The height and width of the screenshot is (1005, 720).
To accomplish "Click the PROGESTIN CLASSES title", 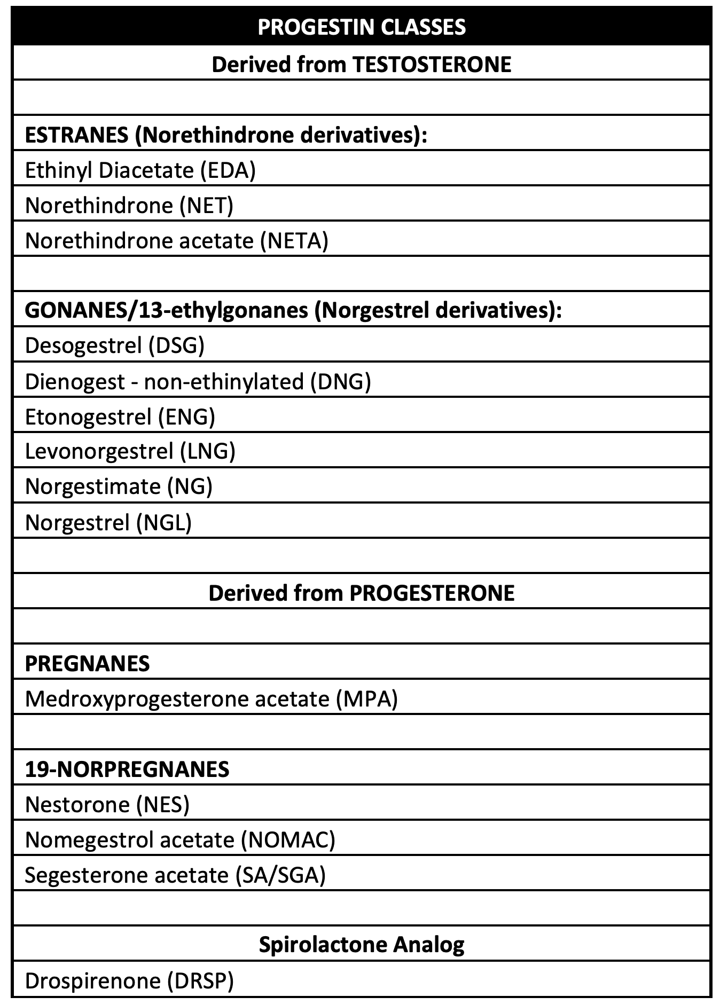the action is point(361,27).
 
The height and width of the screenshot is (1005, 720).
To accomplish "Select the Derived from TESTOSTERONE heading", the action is point(361,64).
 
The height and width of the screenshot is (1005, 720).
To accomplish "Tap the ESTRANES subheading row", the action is point(226,135).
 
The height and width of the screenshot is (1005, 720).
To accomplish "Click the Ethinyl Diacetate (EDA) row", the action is point(140,170).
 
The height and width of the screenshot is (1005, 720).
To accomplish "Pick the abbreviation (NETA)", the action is point(294,240).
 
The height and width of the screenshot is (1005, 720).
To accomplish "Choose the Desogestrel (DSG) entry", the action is point(115,346).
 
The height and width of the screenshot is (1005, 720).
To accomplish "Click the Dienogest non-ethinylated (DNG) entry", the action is point(198,381).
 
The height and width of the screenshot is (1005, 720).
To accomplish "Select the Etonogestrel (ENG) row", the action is point(120,416).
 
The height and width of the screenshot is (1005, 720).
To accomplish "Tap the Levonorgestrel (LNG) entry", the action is point(130,451).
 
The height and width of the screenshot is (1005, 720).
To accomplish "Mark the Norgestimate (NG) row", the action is point(119,486).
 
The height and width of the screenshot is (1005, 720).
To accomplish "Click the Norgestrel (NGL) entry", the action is point(108,522).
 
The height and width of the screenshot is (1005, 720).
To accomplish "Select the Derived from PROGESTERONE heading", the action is point(361,593).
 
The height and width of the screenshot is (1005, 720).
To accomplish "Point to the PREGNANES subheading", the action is point(88,663).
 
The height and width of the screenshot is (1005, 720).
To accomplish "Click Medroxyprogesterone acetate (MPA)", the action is point(212,698).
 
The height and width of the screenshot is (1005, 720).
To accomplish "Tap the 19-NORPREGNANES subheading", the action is point(127,769).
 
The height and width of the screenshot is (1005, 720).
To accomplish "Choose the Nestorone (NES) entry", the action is point(107,804).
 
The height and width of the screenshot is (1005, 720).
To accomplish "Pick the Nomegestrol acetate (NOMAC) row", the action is point(180,839).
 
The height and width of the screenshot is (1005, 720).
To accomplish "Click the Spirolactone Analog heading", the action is point(361,944).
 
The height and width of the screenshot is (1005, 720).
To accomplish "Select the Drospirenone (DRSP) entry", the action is point(129,980).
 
